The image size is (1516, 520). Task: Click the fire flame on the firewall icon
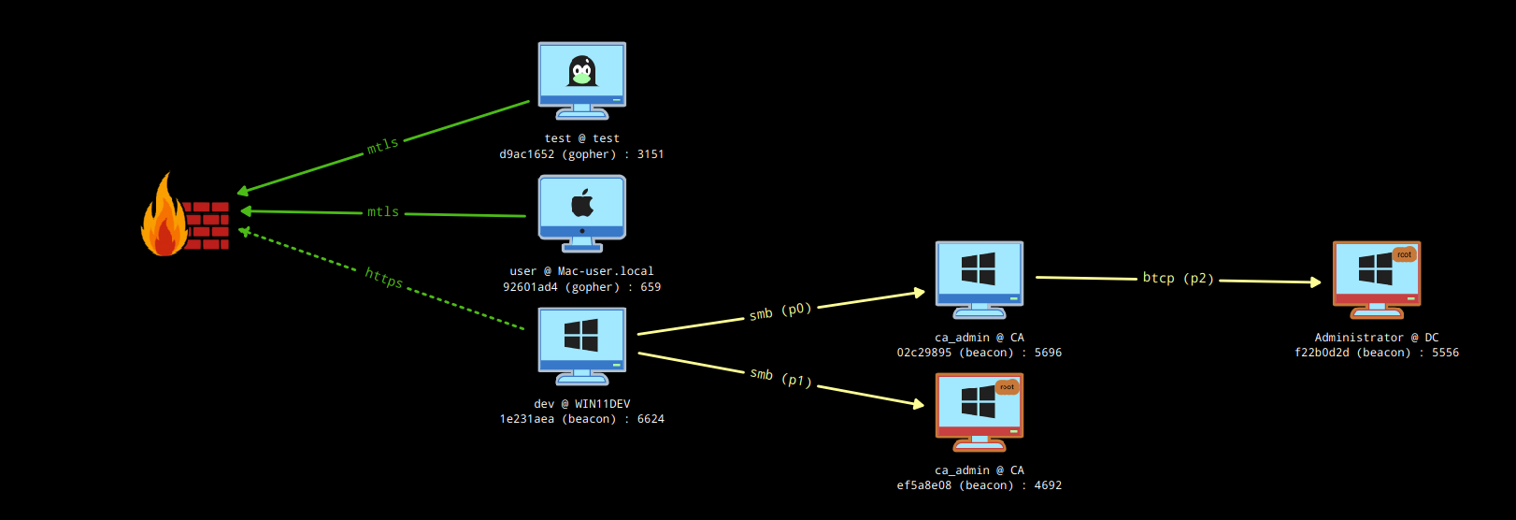coord(164,220)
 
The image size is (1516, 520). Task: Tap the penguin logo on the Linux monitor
coord(582,71)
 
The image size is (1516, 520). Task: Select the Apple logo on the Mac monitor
coord(582,202)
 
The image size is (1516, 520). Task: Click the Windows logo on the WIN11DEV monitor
coord(581,335)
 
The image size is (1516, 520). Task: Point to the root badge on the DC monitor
coord(1404,254)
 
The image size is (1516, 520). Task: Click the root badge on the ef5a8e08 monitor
coord(1007,387)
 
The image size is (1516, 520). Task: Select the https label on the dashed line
coord(383,278)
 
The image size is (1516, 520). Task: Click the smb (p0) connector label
coord(780,311)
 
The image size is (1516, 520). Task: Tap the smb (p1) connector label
coord(780,377)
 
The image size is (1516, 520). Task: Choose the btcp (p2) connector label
coord(1178,278)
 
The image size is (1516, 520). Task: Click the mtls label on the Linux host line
coord(382,146)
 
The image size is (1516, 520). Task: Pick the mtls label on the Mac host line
coord(383,212)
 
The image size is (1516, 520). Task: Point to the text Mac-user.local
coord(606,271)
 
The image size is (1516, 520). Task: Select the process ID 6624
coord(651,419)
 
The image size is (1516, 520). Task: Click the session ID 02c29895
coord(924,353)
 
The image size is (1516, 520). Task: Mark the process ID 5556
coord(1445,353)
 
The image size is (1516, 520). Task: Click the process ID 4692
coord(1048,485)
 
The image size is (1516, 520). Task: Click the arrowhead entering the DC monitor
coord(1316,282)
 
